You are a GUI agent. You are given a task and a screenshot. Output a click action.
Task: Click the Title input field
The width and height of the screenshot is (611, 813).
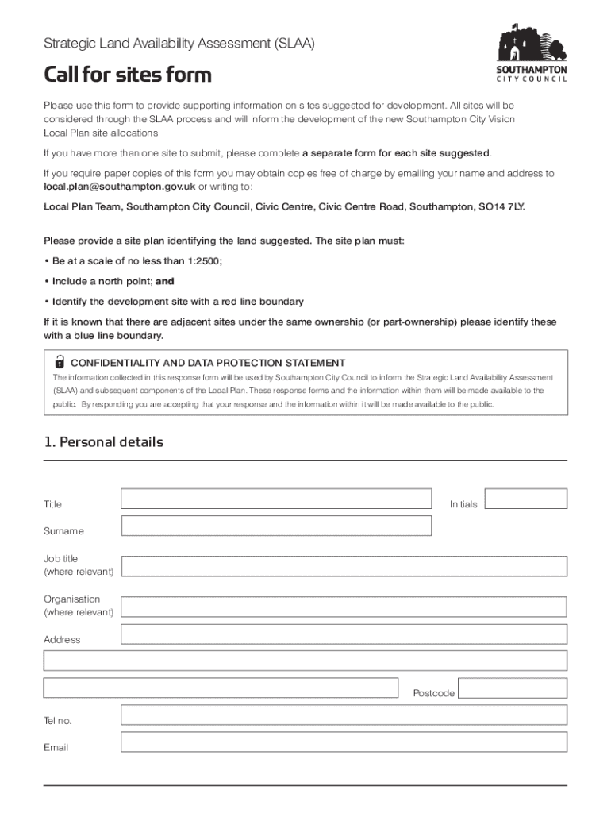[276, 499]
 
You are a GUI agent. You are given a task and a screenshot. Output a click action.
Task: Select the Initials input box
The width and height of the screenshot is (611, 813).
[525, 499]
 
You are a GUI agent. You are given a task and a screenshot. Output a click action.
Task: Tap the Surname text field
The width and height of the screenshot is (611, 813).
[276, 526]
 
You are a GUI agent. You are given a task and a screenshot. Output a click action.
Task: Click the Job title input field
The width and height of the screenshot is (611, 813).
[344, 566]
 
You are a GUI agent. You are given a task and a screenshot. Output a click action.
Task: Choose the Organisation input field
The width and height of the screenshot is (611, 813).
[344, 607]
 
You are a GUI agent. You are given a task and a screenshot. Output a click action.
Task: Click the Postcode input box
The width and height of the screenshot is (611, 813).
[513, 688]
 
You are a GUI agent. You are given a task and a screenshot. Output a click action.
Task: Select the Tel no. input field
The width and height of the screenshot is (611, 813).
[344, 715]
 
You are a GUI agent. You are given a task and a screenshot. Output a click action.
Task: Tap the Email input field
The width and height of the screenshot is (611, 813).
[344, 742]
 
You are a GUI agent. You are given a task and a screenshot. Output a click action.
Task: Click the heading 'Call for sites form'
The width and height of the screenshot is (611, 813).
[127, 75]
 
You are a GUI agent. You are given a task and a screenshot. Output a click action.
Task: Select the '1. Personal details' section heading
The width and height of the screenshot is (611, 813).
[103, 442]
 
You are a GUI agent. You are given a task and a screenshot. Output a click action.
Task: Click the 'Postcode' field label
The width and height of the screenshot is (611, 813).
[433, 693]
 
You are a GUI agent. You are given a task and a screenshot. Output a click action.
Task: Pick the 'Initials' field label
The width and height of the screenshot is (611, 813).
[463, 504]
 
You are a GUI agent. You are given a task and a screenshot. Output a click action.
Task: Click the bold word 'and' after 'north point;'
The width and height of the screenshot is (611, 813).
[164, 281]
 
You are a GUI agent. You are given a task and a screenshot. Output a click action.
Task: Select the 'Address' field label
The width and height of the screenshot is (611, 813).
[62, 639]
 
